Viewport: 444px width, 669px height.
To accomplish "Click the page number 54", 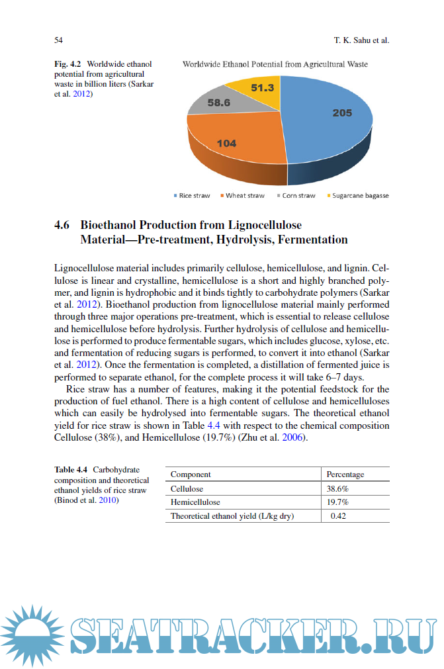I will [58, 40].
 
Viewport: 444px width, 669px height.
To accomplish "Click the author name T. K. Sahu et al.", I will [361, 40].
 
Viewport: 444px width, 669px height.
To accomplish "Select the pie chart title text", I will [275, 64].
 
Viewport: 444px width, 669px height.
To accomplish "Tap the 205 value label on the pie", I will [342, 113].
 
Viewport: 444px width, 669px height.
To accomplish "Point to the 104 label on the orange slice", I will [226, 143].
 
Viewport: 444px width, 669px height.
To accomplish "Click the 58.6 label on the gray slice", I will [218, 103].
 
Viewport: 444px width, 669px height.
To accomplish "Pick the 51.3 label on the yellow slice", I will [263, 87].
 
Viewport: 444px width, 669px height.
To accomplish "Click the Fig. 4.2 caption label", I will [67, 64].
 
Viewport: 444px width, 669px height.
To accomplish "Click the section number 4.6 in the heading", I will [62, 224].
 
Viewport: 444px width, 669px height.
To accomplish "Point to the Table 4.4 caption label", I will [71, 470].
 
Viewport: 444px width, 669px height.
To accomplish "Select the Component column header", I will [191, 474].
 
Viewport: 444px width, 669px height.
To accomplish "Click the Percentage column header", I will [345, 474].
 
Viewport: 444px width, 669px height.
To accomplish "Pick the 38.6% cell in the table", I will [337, 488].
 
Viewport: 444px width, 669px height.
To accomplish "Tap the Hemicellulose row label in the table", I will [195, 502].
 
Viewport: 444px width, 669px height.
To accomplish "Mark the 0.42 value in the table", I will [338, 516].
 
